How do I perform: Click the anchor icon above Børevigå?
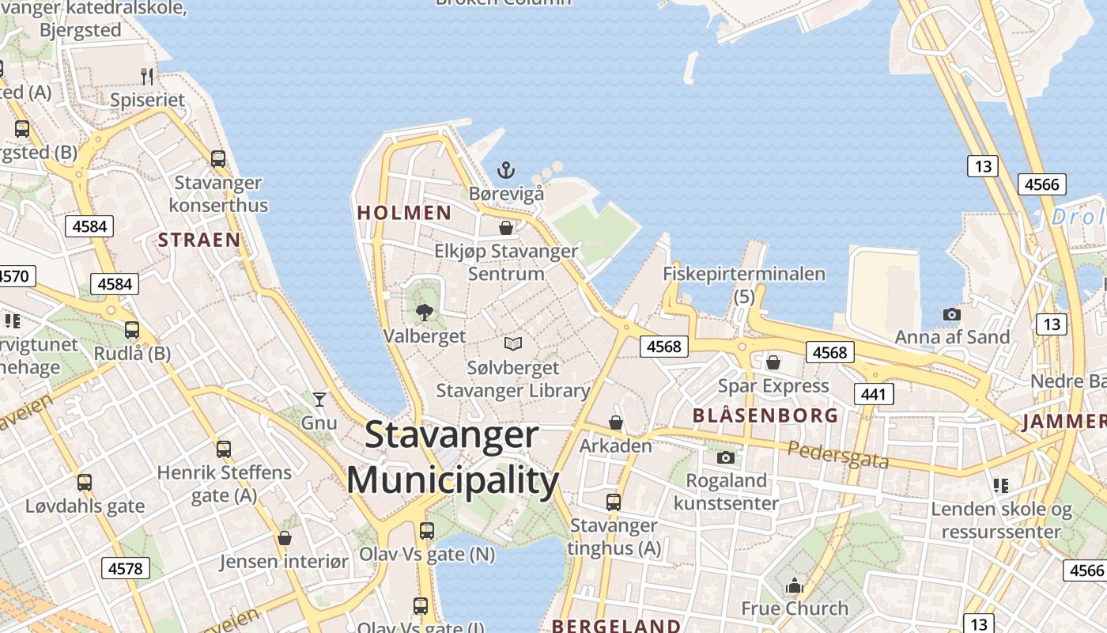pyautogui.click(x=505, y=170)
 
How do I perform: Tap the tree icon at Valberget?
pyautogui.click(x=425, y=313)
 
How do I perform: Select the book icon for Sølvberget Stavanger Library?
pyautogui.click(x=513, y=343)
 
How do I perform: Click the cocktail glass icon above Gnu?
pyautogui.click(x=319, y=399)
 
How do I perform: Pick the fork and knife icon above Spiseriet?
pyautogui.click(x=147, y=77)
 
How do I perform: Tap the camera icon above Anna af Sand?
pyautogui.click(x=952, y=314)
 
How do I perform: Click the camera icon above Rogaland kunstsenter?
pyautogui.click(x=725, y=457)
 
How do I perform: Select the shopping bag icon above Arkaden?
pyautogui.click(x=616, y=423)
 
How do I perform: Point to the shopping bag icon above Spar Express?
pyautogui.click(x=773, y=362)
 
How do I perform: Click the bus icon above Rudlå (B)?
pyautogui.click(x=132, y=330)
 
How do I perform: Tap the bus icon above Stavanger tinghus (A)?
pyautogui.click(x=614, y=502)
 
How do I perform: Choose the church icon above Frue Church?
pyautogui.click(x=794, y=586)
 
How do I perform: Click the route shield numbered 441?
pyautogui.click(x=873, y=394)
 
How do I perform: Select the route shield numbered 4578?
pyautogui.click(x=125, y=568)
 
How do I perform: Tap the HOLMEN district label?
pyautogui.click(x=404, y=213)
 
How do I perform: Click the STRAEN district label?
pyautogui.click(x=199, y=240)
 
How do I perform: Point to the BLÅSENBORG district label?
pyautogui.click(x=765, y=415)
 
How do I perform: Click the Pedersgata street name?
pyautogui.click(x=838, y=455)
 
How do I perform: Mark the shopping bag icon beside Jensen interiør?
pyautogui.click(x=285, y=538)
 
